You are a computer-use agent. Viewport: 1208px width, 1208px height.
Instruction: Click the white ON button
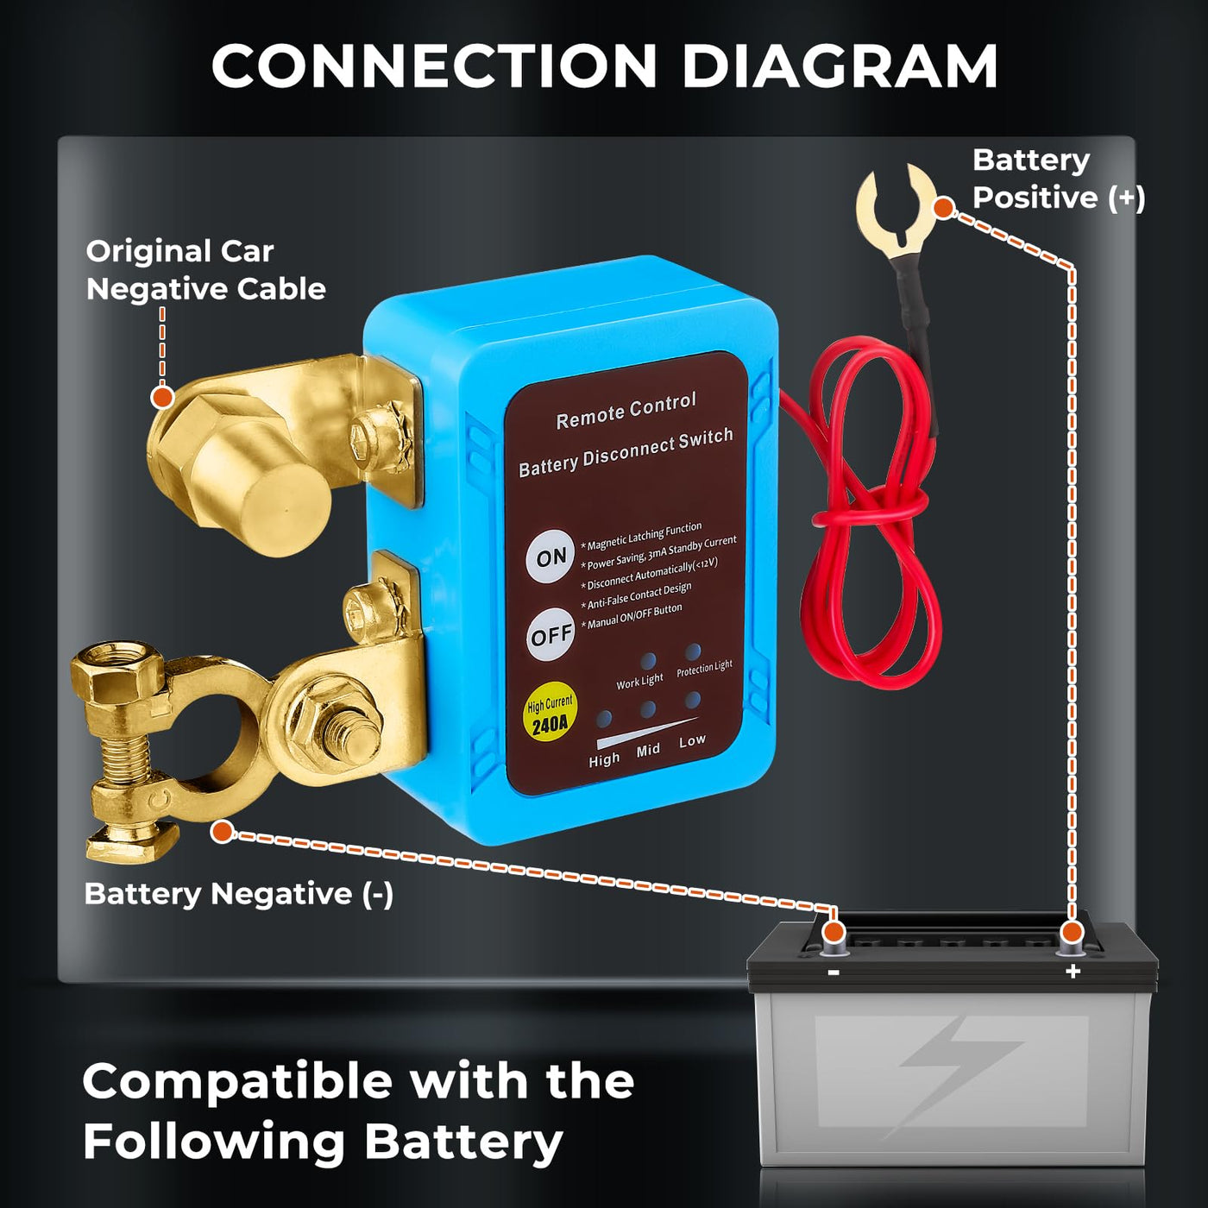pyautogui.click(x=551, y=557)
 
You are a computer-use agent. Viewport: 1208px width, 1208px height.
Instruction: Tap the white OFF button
pyautogui.click(x=551, y=636)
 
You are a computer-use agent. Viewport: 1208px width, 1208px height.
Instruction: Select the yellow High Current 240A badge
pyautogui.click(x=550, y=715)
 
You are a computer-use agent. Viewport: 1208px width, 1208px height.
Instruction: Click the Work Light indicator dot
pyautogui.click(x=648, y=662)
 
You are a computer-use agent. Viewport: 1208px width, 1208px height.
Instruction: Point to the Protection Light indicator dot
pyautogui.click(x=693, y=651)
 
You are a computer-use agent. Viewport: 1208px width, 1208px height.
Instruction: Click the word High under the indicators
pyautogui.click(x=604, y=760)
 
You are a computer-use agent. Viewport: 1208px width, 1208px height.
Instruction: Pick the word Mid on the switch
pyautogui.click(x=648, y=751)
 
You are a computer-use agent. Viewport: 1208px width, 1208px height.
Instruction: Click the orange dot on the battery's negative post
pyautogui.click(x=834, y=932)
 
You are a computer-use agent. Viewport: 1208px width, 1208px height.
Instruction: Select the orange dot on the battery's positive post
pyautogui.click(x=1072, y=932)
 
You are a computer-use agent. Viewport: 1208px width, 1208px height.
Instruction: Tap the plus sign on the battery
pyautogui.click(x=1073, y=972)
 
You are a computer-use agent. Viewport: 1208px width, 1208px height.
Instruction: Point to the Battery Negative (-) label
pyautogui.click(x=239, y=894)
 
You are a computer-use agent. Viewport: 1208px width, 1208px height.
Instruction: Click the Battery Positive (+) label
pyautogui.click(x=1058, y=179)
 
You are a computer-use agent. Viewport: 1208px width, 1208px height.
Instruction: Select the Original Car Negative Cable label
pyautogui.click(x=205, y=270)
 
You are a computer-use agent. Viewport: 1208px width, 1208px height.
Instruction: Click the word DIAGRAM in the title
pyautogui.click(x=840, y=66)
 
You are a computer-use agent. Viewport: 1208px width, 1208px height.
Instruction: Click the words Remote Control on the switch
pyautogui.click(x=626, y=411)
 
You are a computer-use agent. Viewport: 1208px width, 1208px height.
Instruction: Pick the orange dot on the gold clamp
pyautogui.click(x=223, y=832)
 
